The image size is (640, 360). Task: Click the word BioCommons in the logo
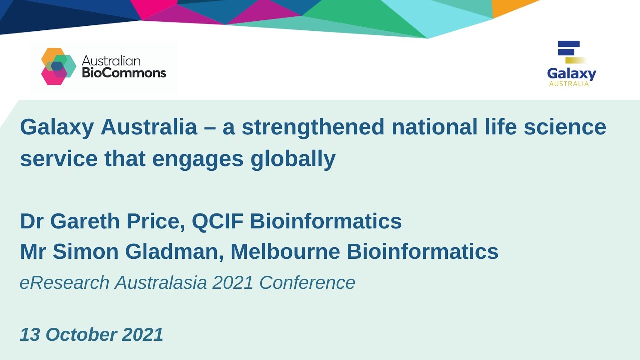click(x=124, y=73)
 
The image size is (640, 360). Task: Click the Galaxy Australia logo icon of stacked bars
click(x=570, y=51)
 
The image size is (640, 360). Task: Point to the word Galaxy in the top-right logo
click(x=571, y=74)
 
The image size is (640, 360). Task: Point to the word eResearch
click(x=64, y=283)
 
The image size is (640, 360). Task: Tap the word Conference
click(x=307, y=283)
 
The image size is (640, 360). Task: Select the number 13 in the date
click(x=30, y=334)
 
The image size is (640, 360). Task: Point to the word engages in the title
click(x=199, y=159)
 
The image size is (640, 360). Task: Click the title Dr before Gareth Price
click(x=32, y=221)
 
